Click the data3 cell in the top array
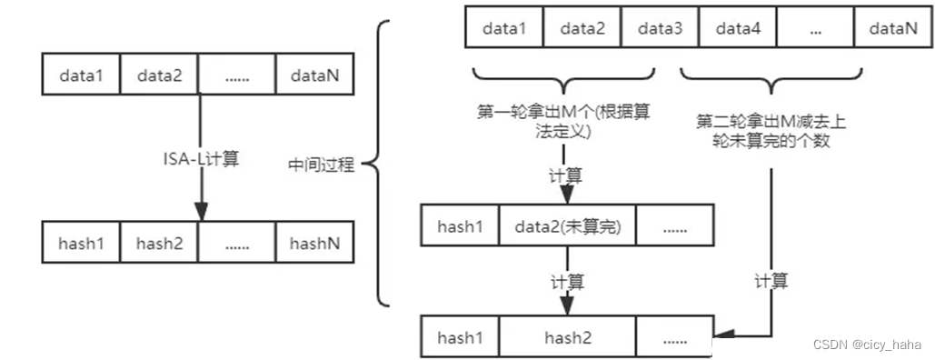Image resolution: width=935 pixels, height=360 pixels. [661, 29]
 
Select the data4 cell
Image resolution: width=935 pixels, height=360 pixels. [738, 29]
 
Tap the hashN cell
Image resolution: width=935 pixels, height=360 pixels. [314, 243]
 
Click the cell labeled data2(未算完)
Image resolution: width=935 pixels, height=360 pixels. [568, 226]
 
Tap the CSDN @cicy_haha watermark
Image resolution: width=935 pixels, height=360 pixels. [867, 345]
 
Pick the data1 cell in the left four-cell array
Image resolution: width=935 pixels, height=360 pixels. [82, 75]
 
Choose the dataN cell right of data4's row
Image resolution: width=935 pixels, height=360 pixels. [892, 29]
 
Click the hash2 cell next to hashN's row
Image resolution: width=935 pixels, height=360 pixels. [160, 243]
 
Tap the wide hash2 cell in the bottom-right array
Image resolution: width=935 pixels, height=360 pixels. [568, 337]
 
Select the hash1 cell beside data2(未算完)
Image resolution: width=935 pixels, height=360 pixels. [460, 226]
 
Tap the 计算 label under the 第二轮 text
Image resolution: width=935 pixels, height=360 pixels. [771, 280]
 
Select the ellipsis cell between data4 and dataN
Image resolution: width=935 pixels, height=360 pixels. [815, 29]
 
